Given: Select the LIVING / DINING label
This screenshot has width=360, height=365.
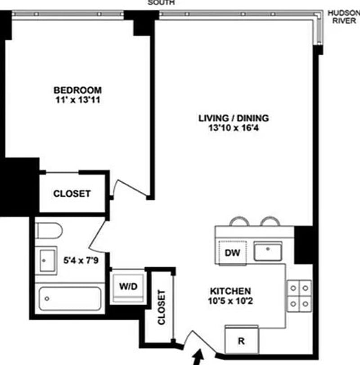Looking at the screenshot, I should pos(234,118).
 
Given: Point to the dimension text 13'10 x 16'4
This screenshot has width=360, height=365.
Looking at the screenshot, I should pos(234,129).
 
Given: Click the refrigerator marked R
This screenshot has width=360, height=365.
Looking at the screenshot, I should pos(241,341).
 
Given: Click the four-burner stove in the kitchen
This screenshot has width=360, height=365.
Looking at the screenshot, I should pos(299,295).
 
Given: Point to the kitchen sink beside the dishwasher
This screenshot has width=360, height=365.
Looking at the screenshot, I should pos(268,251).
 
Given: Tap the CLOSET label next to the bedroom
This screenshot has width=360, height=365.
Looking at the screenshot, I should pos(72,194).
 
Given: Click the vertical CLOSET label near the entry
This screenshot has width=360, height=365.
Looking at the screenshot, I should pos(161,307).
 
